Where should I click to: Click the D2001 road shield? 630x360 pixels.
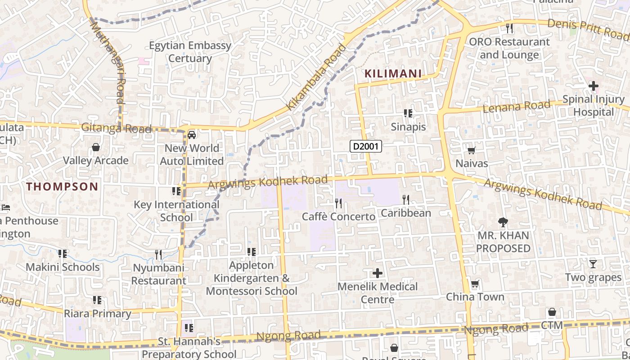click(x=366, y=146)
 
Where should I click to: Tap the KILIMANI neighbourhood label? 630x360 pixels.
click(x=393, y=73)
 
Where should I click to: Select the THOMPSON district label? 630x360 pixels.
click(x=62, y=186)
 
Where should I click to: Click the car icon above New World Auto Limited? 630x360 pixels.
click(x=192, y=135)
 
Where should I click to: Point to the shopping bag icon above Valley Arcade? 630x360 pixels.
click(x=95, y=147)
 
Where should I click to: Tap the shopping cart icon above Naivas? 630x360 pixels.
click(x=471, y=150)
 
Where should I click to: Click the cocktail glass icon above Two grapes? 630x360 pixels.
click(x=593, y=264)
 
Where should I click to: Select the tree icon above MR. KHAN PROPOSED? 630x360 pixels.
click(x=503, y=222)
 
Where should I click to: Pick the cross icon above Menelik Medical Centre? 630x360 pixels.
click(x=378, y=273)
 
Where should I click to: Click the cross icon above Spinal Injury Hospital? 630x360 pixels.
click(x=593, y=85)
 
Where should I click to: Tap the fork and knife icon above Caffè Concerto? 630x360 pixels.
click(x=338, y=203)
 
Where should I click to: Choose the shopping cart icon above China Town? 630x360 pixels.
click(x=475, y=284)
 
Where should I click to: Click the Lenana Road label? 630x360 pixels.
click(x=516, y=107)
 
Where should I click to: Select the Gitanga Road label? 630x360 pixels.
click(x=116, y=128)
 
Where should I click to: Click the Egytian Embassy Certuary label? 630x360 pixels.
click(x=190, y=52)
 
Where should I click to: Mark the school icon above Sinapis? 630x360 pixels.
click(x=408, y=113)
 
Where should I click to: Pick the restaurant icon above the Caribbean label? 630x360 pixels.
click(x=405, y=199)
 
